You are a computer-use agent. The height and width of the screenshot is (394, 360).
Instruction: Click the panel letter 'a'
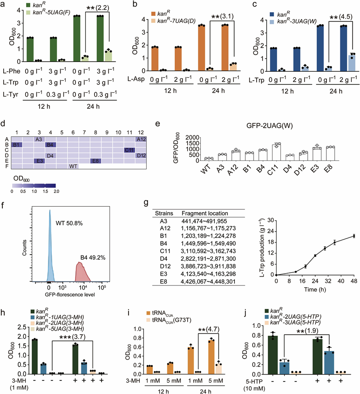(3, 4)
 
